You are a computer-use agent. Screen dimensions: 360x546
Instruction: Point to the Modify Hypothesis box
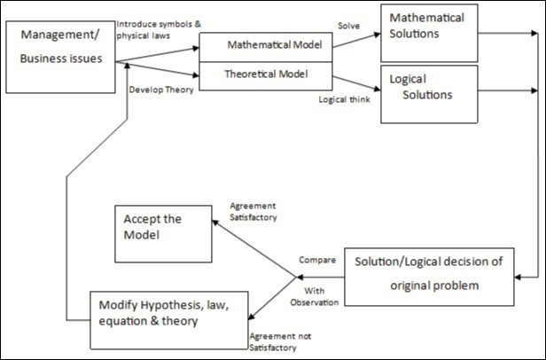click(171, 313)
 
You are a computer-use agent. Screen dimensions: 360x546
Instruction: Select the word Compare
click(317, 260)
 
